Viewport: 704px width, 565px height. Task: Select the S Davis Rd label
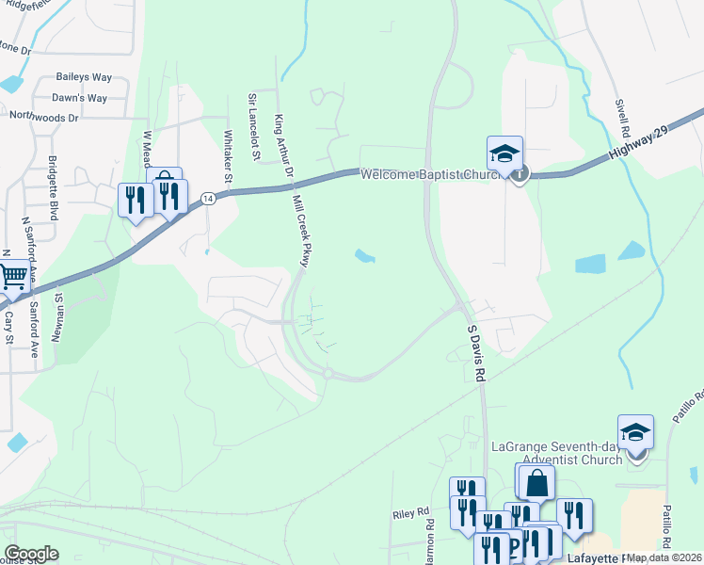pos(478,353)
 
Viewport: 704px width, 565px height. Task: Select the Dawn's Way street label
pos(79,98)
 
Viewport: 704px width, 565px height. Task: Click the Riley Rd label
pos(410,515)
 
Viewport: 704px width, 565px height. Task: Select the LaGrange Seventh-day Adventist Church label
pos(557,452)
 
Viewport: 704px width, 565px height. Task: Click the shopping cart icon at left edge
pos(11,277)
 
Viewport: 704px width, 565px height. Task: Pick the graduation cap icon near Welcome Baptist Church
pos(504,153)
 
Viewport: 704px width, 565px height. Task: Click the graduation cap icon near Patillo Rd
pos(635,432)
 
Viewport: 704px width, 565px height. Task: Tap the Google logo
pos(31,554)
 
